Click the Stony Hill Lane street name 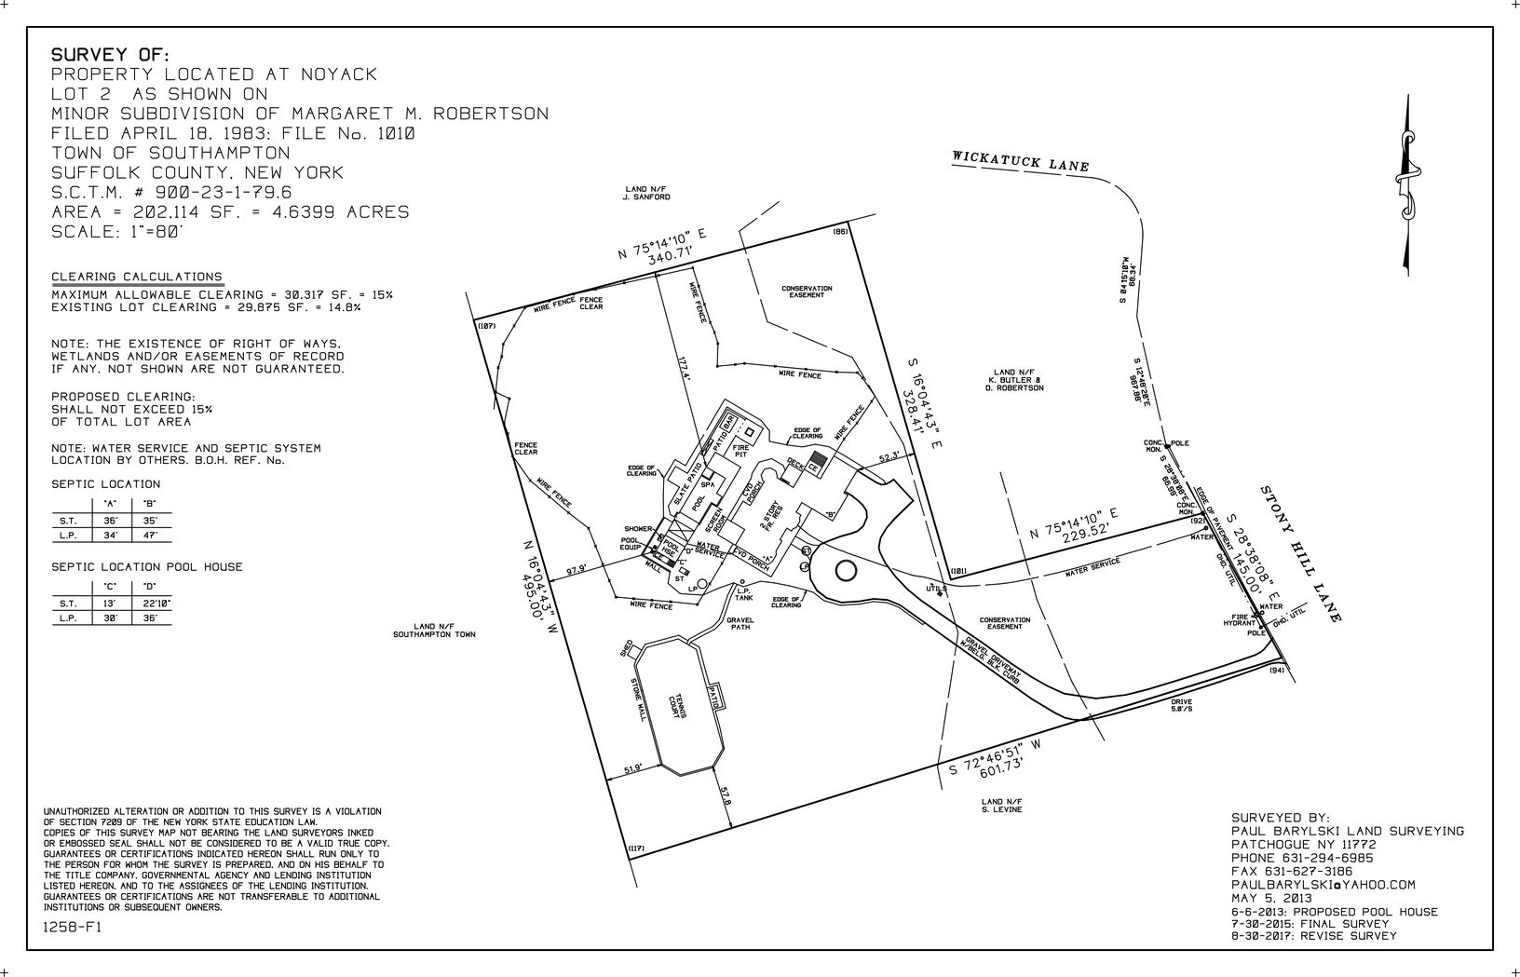1300,554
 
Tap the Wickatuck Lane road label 1020,160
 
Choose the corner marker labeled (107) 488,326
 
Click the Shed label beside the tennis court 627,647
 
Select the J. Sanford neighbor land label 647,194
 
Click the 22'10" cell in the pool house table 150,604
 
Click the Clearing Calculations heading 137,277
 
